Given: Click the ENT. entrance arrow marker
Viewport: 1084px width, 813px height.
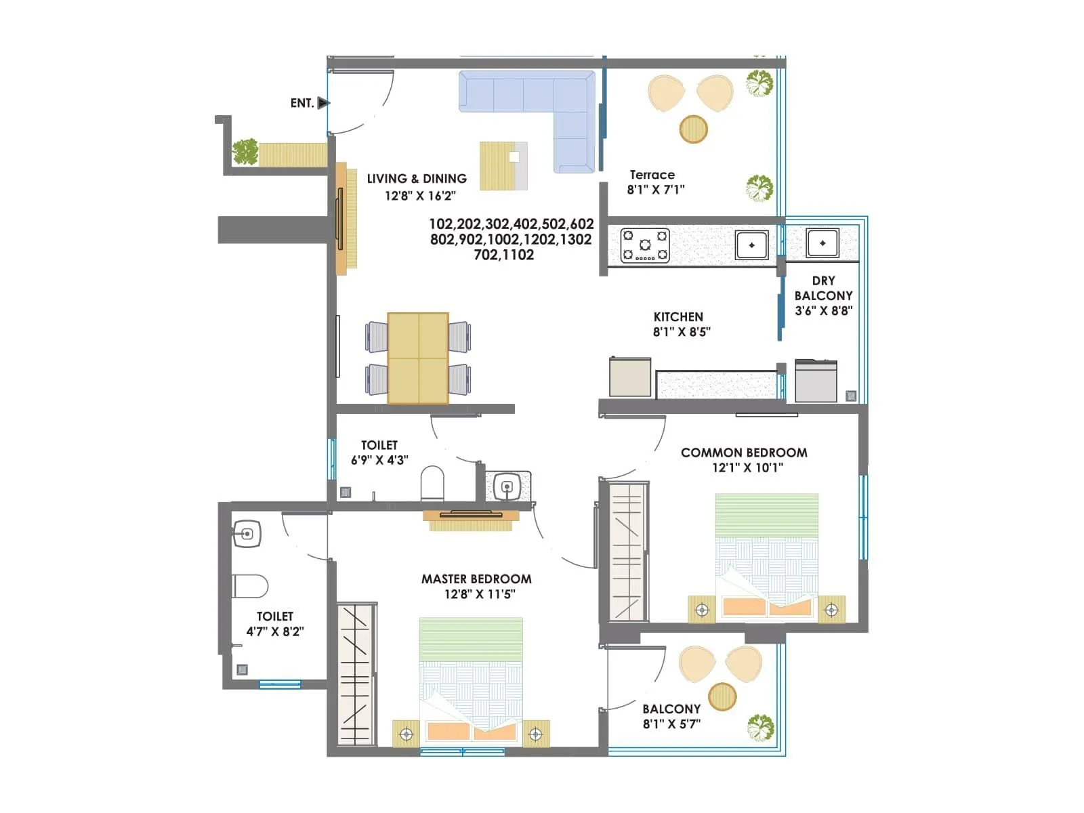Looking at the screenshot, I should click(x=324, y=103).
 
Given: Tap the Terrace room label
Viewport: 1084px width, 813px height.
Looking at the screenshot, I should click(x=652, y=175).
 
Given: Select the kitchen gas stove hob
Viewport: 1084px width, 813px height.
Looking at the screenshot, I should click(x=645, y=245).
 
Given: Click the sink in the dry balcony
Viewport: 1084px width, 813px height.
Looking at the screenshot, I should click(x=822, y=243).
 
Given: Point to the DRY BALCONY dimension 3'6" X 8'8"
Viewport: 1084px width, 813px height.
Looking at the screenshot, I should click(x=823, y=311).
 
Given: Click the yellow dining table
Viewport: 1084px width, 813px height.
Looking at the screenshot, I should click(x=418, y=358).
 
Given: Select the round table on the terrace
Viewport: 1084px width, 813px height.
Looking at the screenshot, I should click(x=693, y=129).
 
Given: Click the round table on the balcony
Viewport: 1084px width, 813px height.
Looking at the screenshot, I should click(x=722, y=696).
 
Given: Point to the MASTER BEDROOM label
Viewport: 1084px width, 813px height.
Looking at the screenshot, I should click(x=476, y=579).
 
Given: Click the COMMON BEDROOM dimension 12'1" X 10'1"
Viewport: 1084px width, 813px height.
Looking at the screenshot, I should click(x=747, y=467).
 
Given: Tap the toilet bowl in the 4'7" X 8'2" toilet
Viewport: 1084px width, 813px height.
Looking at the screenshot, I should click(x=249, y=586).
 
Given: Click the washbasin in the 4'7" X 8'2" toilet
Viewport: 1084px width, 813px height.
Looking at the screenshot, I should click(x=247, y=534).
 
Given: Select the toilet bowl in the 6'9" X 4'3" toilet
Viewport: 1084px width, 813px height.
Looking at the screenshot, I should click(x=432, y=483).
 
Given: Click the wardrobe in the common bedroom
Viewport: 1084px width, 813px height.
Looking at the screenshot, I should click(x=627, y=552).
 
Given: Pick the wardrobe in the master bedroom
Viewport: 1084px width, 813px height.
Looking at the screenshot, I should click(x=356, y=674).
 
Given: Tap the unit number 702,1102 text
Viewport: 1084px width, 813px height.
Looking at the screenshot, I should click(x=503, y=255).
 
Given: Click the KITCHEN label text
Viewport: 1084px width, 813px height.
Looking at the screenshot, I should click(x=678, y=317).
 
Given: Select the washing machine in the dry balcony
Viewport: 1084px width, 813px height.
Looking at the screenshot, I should click(x=816, y=381).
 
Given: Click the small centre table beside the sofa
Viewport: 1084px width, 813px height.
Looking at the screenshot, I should click(x=503, y=166).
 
